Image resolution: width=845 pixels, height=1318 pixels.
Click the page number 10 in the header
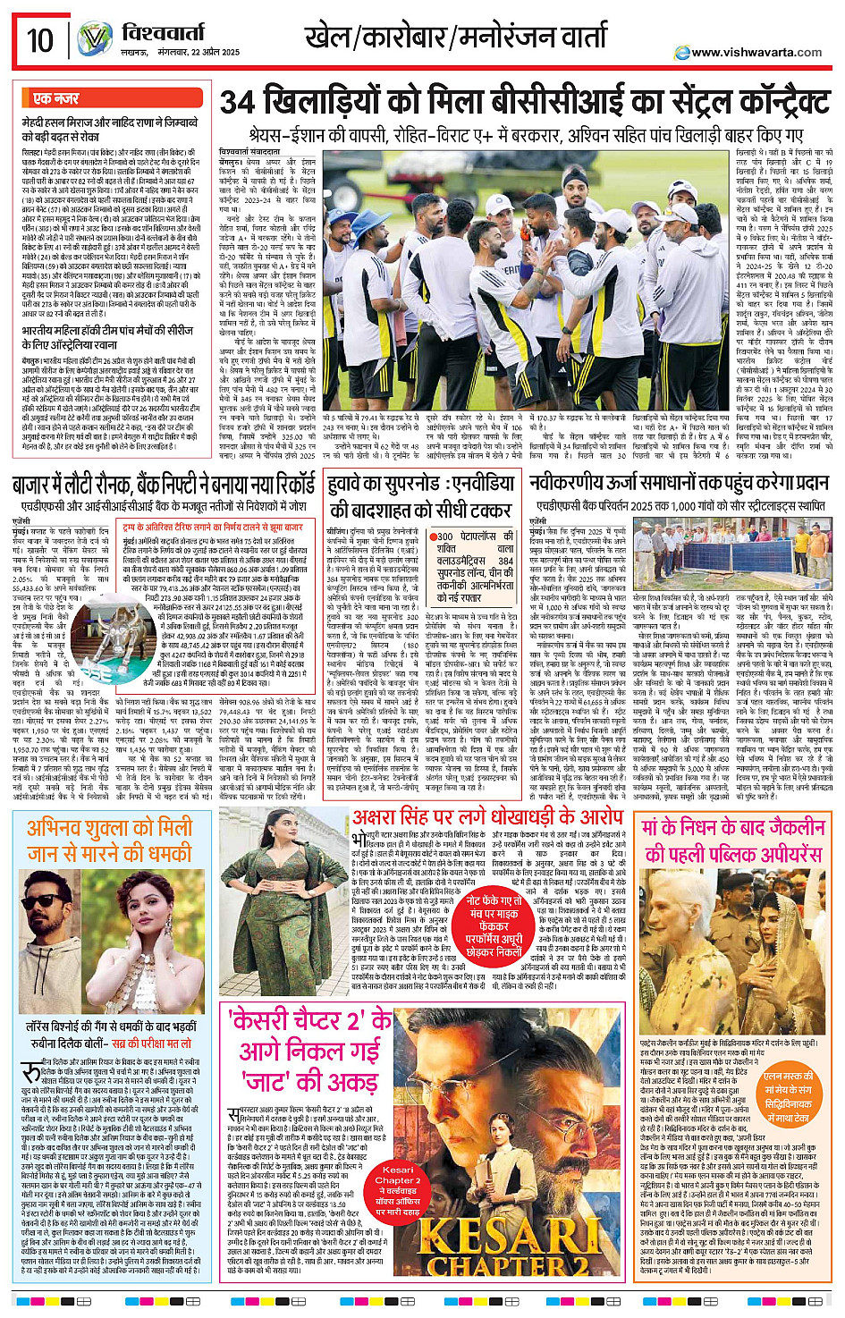40,40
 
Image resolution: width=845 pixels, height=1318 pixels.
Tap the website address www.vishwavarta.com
756,52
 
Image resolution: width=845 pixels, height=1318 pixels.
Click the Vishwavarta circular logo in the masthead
94,40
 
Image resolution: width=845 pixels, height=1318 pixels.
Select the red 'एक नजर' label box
56,98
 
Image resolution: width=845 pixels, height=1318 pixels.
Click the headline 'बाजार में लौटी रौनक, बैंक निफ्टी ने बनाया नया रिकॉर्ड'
165,485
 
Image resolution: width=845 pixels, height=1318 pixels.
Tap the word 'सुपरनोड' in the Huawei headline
418,485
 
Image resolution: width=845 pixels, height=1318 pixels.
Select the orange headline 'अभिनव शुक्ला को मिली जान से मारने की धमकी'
109,841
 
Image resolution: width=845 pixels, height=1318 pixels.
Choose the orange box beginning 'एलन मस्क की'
788,1097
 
